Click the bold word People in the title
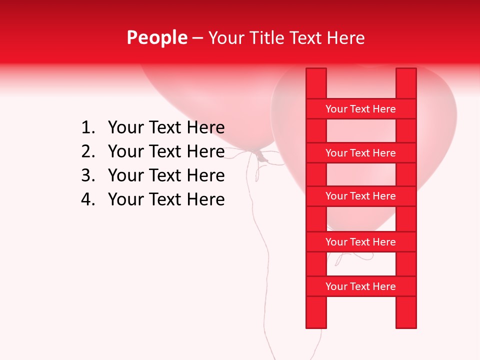[x=156, y=37]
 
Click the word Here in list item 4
[x=205, y=199]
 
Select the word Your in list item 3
[x=125, y=175]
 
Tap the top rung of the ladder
[x=360, y=109]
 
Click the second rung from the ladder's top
[x=360, y=153]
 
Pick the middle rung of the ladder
[x=360, y=196]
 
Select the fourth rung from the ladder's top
[x=360, y=242]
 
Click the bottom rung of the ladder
[x=360, y=286]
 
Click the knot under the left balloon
[x=260, y=155]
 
